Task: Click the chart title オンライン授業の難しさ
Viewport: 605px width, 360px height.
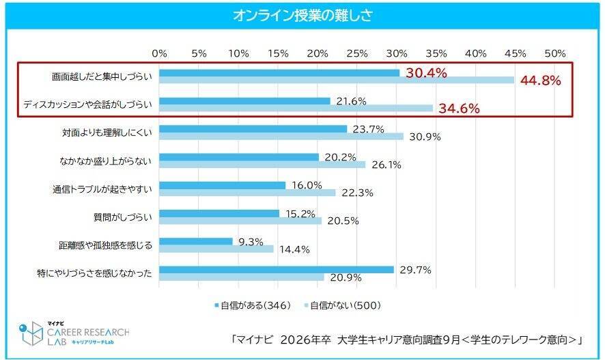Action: click(302, 15)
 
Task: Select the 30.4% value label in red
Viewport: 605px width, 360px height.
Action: click(426, 73)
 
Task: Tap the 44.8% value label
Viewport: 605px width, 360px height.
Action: click(540, 81)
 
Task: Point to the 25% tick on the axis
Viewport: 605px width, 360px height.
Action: click(357, 53)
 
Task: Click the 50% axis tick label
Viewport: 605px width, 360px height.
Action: click(554, 53)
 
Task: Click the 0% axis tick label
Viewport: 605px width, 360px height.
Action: click(160, 53)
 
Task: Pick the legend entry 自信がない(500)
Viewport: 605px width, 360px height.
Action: click(344, 305)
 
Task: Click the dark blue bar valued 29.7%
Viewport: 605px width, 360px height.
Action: click(277, 269)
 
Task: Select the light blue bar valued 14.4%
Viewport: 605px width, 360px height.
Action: click(216, 249)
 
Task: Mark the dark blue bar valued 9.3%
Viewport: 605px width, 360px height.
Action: click(196, 241)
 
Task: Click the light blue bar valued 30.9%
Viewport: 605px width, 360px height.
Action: click(281, 136)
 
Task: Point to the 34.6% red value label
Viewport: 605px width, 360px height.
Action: click(459, 108)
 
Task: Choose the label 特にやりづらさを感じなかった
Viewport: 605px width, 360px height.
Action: click(95, 273)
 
